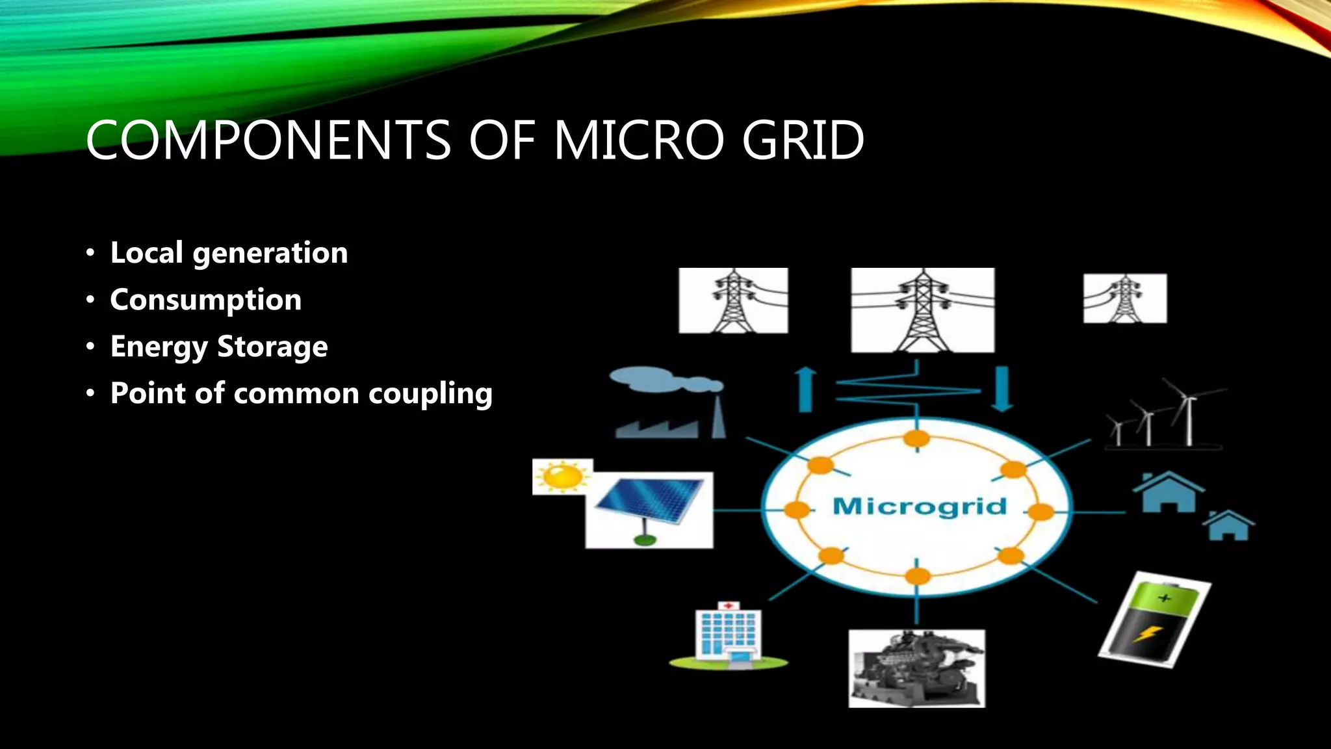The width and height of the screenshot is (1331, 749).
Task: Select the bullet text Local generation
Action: coord(229,253)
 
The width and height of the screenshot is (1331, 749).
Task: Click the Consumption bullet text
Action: coord(205,300)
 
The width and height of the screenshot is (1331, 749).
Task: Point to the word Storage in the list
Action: coord(272,347)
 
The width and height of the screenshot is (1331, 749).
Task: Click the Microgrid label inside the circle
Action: coord(919,506)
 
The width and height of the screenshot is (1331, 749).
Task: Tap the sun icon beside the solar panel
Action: coord(562,477)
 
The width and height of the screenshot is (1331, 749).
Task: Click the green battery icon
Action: coord(1154,619)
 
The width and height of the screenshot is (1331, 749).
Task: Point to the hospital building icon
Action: coord(728,634)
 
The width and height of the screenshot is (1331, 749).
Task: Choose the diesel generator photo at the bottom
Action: coord(916,668)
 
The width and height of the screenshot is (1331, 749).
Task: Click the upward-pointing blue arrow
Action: coord(806,389)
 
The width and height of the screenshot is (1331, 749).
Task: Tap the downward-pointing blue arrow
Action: coord(1002,389)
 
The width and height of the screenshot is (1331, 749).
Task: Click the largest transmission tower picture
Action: coord(922,310)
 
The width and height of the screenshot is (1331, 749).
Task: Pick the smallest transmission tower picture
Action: coord(1125,298)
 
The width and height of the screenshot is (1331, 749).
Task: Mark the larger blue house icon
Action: coord(1168,492)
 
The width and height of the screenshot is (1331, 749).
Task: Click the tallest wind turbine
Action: coord(1188,413)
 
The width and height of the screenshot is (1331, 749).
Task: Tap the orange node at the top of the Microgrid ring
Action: coord(916,439)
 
